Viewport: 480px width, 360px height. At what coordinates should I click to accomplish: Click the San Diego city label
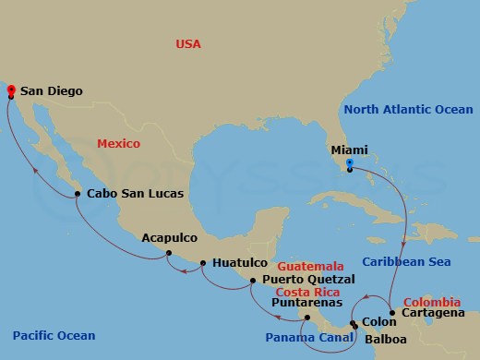tap(52, 91)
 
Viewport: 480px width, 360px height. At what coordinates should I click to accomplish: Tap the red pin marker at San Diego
tap(10, 90)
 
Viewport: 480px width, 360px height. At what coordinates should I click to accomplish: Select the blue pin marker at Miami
tap(350, 166)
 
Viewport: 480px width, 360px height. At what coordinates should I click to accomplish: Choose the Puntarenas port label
tap(307, 302)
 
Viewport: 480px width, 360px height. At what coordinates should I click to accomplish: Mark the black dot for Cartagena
tap(392, 314)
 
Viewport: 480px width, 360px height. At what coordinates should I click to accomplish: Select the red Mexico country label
tap(118, 144)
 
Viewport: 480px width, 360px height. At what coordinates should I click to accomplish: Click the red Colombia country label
tap(431, 302)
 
